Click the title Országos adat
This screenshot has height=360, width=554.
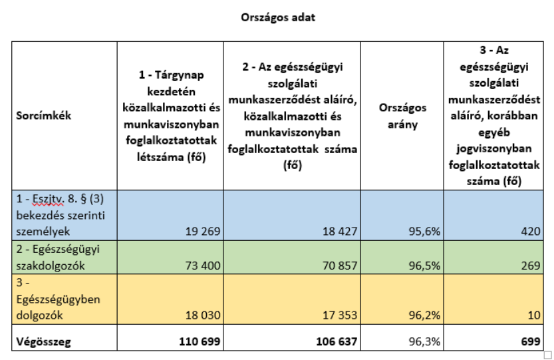coord(278,17)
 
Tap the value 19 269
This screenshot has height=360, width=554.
coord(203,232)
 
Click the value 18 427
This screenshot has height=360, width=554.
coord(340,232)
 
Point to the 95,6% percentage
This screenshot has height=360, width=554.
coord(425,232)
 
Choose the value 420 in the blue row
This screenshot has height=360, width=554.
coord(531,232)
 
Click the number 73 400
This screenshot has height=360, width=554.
coord(203,266)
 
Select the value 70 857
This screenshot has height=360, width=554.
coord(340,266)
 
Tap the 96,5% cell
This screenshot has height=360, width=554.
coord(425,266)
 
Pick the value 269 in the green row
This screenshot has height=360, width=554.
coord(531,266)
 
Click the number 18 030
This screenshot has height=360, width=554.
coord(203,315)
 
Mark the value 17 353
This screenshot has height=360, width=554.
coord(340,315)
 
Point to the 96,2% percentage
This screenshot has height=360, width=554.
coord(425,315)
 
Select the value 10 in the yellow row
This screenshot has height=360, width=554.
coord(534,315)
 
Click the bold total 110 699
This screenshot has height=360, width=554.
coord(200,341)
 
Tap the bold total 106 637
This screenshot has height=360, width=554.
coord(337,341)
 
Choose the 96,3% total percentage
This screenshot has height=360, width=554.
coord(425,341)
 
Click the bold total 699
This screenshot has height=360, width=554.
coord(531,341)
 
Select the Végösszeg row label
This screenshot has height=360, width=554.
coord(43,342)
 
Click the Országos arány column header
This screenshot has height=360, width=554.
coord(402,116)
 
